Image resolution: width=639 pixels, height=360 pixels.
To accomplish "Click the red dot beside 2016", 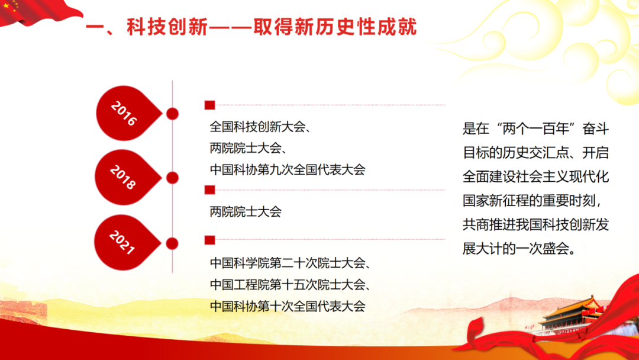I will [173, 114].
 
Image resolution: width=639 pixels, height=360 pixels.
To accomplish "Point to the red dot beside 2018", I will [173, 178].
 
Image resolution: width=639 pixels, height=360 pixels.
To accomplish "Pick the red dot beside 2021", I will [173, 243].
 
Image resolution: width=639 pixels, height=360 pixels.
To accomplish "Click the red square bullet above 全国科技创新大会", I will [209, 105].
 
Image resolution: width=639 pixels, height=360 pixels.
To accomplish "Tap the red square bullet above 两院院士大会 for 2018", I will [209, 190].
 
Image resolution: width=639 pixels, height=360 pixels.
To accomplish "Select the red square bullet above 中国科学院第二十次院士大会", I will [209, 239].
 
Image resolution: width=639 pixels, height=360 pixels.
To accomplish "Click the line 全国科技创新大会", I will [257, 127].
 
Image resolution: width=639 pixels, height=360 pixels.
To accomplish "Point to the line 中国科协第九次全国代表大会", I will [288, 169].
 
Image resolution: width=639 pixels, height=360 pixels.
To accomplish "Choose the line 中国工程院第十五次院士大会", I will [290, 285].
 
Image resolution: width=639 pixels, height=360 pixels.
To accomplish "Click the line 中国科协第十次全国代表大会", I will [288, 306].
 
